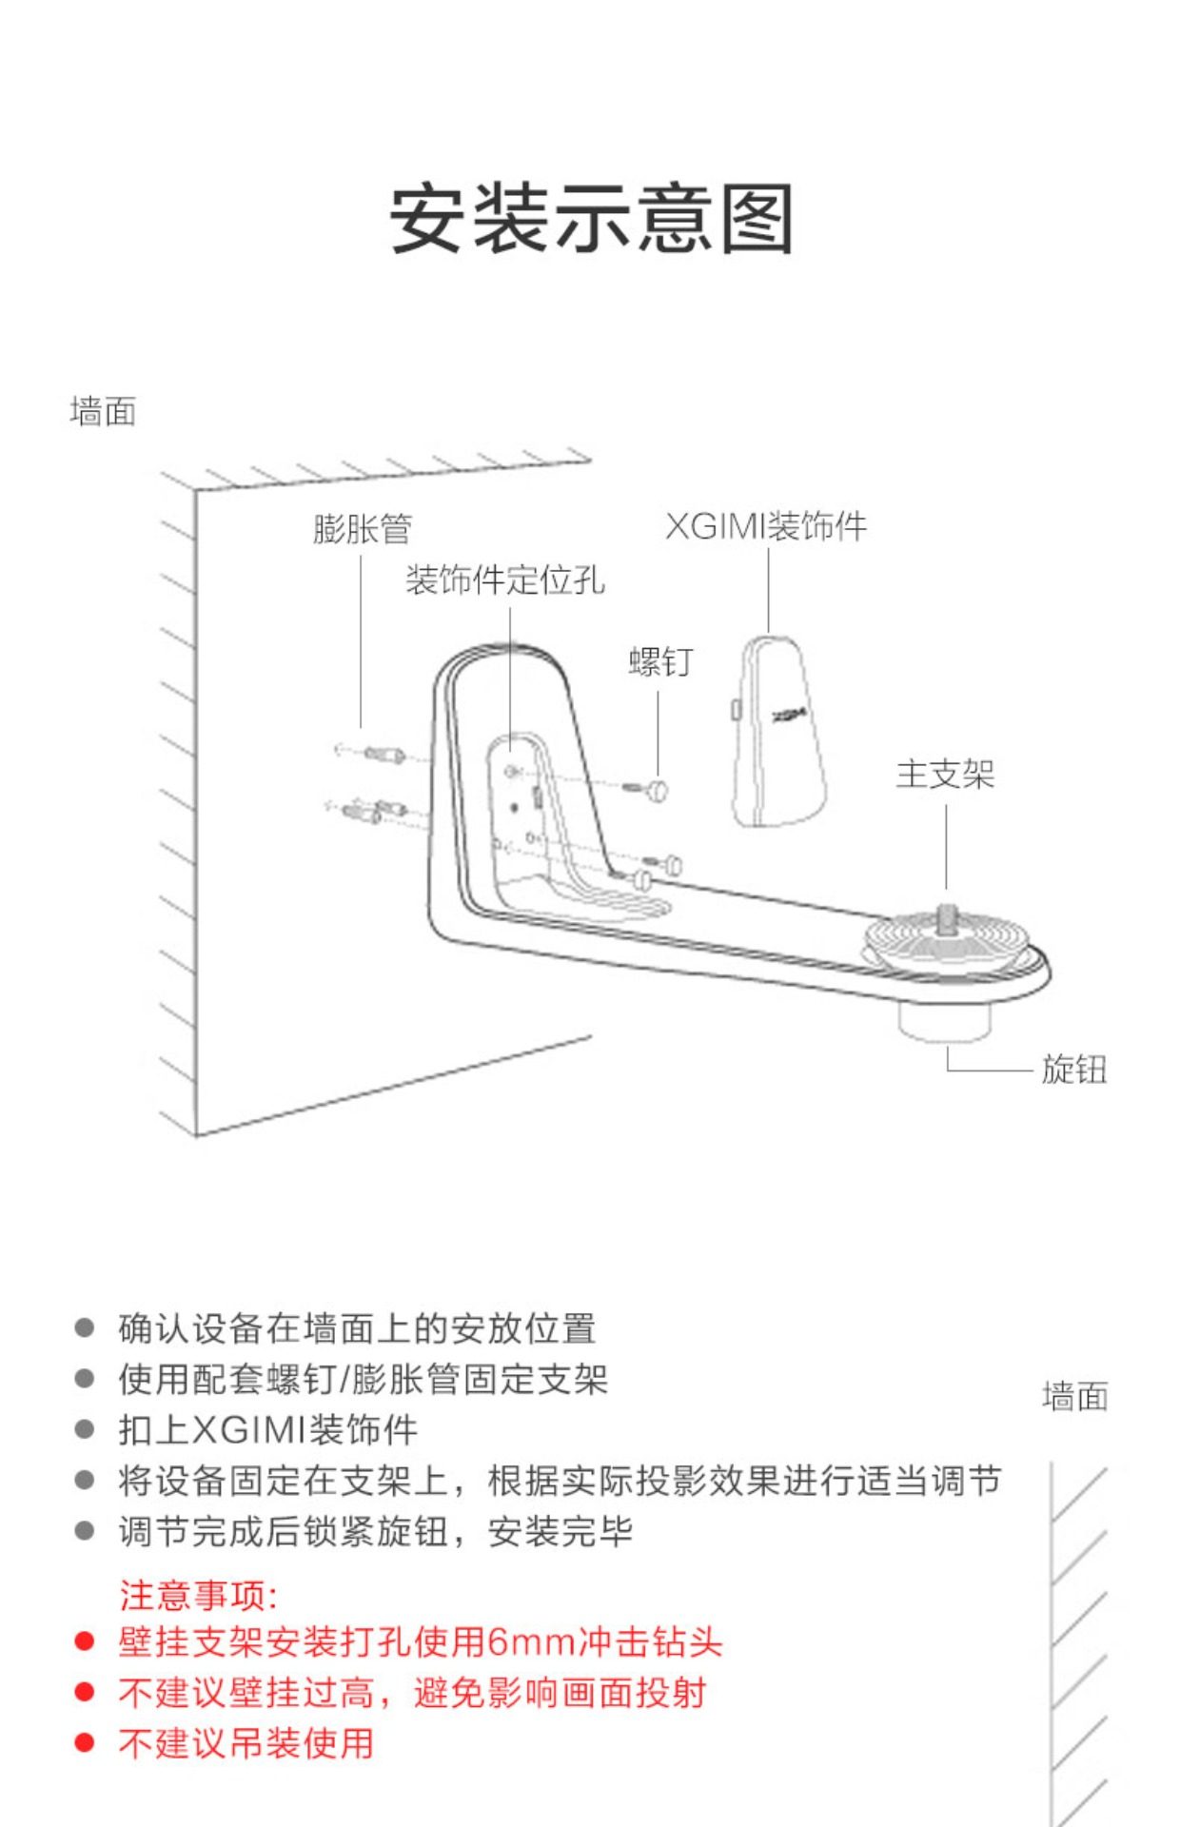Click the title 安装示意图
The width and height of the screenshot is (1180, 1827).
(591, 220)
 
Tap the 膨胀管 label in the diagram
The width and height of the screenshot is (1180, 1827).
(362, 529)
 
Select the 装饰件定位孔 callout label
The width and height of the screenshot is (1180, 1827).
(505, 580)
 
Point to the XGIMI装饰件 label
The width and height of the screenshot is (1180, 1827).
(766, 526)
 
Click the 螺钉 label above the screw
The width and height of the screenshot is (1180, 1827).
(660, 662)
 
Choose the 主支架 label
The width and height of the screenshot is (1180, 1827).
(945, 775)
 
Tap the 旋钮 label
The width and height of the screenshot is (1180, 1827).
(1074, 1070)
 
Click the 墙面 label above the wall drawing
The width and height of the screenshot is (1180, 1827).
(103, 412)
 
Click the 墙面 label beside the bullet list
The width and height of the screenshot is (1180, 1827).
(1075, 1397)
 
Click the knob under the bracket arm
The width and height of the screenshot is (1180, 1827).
(944, 1023)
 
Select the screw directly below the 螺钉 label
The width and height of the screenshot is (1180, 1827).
(657, 789)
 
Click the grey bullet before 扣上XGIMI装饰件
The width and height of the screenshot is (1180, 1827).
(85, 1429)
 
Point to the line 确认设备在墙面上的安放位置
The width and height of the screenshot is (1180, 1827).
(357, 1328)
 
